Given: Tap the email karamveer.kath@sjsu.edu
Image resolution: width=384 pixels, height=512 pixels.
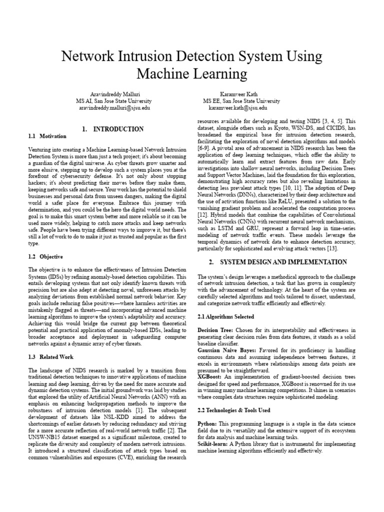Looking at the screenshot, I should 237,107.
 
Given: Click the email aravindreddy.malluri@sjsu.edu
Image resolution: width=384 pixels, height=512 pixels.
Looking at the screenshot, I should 112,107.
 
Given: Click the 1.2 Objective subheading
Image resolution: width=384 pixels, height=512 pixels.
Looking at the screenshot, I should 45,257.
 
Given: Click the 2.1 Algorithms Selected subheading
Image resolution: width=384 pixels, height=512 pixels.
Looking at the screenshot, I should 225,316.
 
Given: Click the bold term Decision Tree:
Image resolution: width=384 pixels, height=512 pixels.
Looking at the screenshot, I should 215,330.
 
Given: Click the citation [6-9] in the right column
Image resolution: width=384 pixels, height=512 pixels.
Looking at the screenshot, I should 204,148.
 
